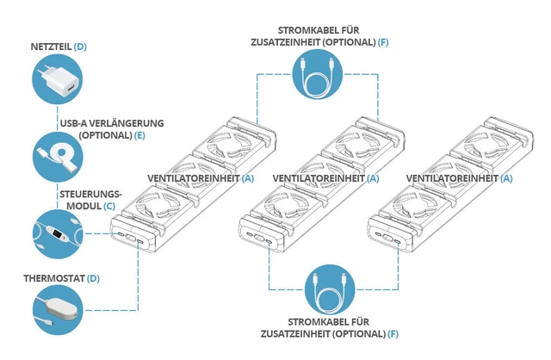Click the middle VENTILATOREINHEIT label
pyautogui.click(x=319, y=178)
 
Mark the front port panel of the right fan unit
pyautogui.click(x=386, y=239)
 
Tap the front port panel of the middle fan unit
pyautogui.click(x=259, y=239)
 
